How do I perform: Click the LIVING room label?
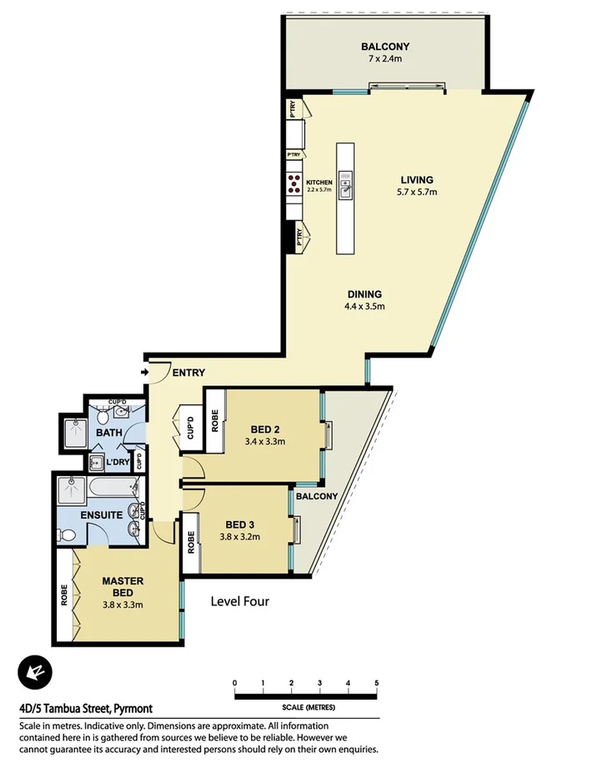[x=416, y=180]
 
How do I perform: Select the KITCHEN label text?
[x=319, y=183]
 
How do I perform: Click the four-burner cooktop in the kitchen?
[x=294, y=183]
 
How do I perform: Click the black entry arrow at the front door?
[x=145, y=372]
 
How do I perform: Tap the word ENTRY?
[x=188, y=373]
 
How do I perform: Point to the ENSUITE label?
[x=102, y=515]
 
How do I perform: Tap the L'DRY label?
[x=117, y=461]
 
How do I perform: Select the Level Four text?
[x=239, y=600]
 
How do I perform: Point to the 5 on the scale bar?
[x=377, y=682]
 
